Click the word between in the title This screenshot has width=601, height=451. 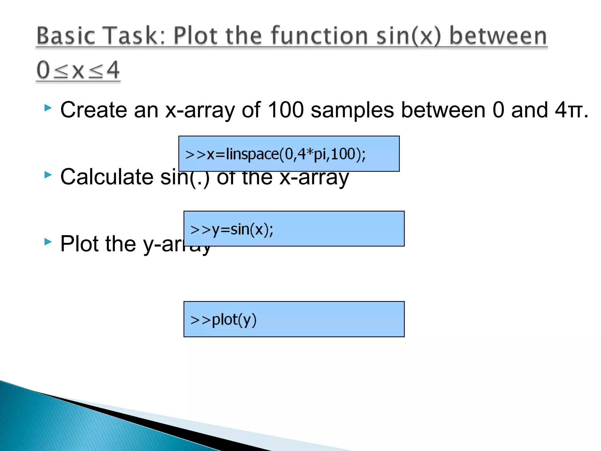(498, 36)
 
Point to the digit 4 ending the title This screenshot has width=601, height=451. (113, 70)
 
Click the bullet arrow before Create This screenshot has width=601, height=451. (48, 108)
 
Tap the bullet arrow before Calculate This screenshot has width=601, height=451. (48, 175)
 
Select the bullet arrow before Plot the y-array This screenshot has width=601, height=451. (48, 242)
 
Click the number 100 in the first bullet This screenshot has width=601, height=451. (286, 110)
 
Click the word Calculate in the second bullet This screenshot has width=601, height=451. (107, 177)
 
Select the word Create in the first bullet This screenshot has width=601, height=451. (93, 110)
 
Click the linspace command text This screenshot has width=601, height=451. (275, 154)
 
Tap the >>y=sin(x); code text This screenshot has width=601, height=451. (232, 229)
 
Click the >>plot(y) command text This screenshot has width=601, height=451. (223, 320)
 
